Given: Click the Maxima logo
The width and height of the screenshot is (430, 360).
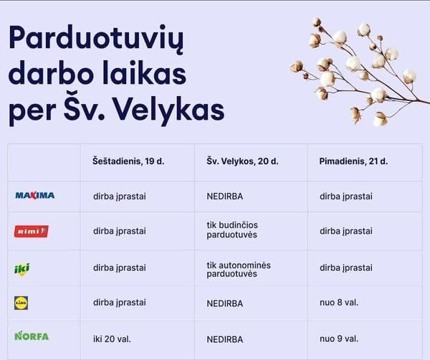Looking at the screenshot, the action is (x=35, y=196).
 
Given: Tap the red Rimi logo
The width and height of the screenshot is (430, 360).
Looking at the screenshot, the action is (x=32, y=232).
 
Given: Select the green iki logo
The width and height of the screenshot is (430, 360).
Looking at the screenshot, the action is (x=22, y=269).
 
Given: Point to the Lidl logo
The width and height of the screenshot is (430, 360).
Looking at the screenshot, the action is (x=21, y=303).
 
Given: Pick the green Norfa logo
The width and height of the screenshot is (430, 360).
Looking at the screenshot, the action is (x=32, y=336).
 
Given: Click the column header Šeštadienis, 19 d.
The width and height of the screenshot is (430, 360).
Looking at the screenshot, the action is (x=128, y=161).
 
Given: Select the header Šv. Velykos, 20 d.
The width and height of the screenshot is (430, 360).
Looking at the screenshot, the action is (x=242, y=161).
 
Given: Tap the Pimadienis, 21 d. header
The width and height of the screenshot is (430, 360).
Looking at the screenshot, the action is (x=353, y=161).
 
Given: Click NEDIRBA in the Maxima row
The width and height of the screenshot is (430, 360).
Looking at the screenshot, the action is (x=225, y=196).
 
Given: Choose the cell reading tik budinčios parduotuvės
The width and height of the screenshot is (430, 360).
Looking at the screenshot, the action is (x=232, y=230).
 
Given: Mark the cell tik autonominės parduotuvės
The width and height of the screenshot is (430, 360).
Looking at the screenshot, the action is (x=239, y=270).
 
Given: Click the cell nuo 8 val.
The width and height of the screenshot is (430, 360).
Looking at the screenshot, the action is (x=339, y=303).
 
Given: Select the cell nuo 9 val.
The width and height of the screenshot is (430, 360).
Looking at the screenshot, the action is (x=339, y=339).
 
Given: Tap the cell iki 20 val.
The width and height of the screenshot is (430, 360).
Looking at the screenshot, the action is (x=112, y=339).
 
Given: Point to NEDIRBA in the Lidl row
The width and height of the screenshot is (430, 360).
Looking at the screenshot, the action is (x=225, y=303).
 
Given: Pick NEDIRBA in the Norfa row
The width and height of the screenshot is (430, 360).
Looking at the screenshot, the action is (x=225, y=339).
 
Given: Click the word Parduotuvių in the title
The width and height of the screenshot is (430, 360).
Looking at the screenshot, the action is (x=96, y=39).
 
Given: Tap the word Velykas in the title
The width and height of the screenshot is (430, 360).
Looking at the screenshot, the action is (x=168, y=110).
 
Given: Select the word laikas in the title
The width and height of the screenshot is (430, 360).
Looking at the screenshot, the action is (x=145, y=74).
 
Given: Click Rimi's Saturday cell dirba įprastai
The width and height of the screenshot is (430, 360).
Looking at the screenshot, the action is (x=120, y=232).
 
